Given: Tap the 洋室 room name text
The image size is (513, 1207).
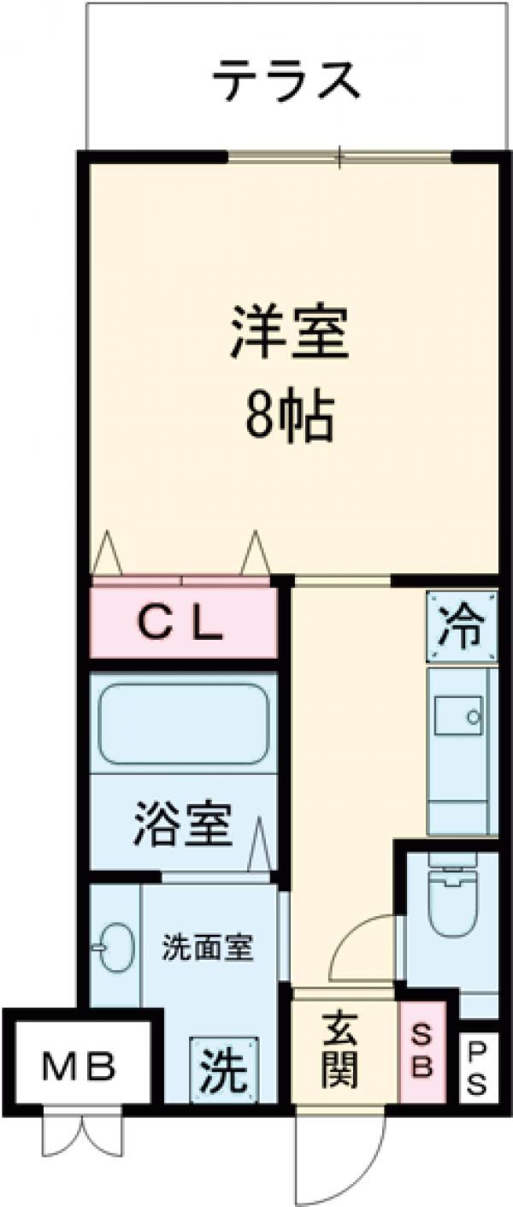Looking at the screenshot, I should click(288, 336).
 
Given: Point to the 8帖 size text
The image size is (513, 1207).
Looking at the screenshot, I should click(288, 417).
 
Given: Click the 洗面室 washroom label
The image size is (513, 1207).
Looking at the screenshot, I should click(209, 949).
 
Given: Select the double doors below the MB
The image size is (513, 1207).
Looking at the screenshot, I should click(82, 1134).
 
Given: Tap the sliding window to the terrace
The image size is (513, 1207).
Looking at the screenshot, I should click(339, 157).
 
